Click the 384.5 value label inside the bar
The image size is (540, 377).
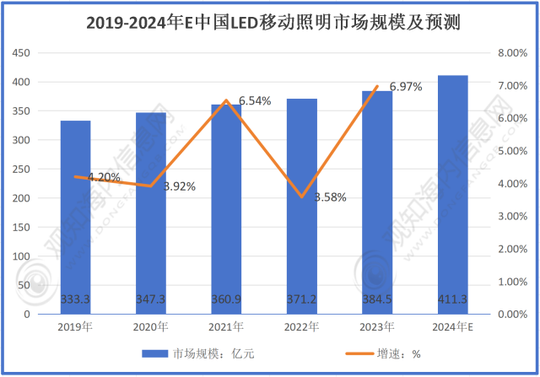[377, 299]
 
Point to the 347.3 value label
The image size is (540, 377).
[151, 299]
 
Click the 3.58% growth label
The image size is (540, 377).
[329, 197]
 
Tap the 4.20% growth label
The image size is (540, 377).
[104, 177]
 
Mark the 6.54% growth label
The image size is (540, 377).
[255, 100]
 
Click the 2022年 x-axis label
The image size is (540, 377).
[302, 326]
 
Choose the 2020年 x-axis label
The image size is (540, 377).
[151, 326]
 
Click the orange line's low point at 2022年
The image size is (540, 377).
[302, 197]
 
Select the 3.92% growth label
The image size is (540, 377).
[179, 186]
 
